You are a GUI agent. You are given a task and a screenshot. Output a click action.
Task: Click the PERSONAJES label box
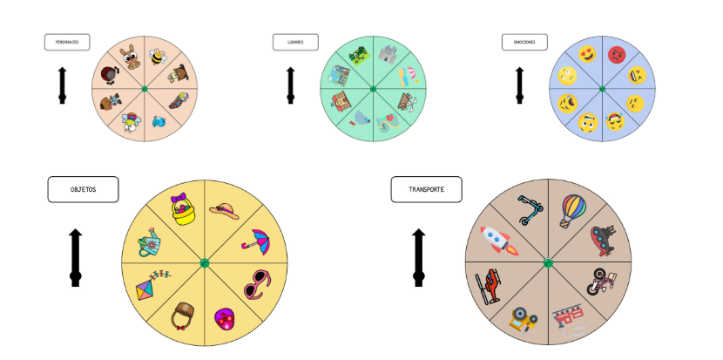click(67, 42)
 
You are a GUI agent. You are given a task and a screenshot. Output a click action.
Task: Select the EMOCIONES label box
click(524, 42)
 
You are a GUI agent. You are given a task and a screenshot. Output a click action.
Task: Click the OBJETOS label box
click(83, 189)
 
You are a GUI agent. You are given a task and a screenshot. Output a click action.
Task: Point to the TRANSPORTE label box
click(426, 189)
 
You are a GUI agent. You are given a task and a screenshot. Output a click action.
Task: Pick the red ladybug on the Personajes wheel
click(110, 74)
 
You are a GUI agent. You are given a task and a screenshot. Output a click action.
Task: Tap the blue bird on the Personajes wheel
click(158, 122)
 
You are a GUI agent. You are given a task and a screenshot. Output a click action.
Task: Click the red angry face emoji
click(617, 56)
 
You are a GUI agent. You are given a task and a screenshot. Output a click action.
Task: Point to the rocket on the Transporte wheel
click(499, 240)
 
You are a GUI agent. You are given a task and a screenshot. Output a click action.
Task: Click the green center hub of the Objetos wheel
click(205, 263)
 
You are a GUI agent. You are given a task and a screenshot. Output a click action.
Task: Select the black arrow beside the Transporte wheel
click(419, 258)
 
